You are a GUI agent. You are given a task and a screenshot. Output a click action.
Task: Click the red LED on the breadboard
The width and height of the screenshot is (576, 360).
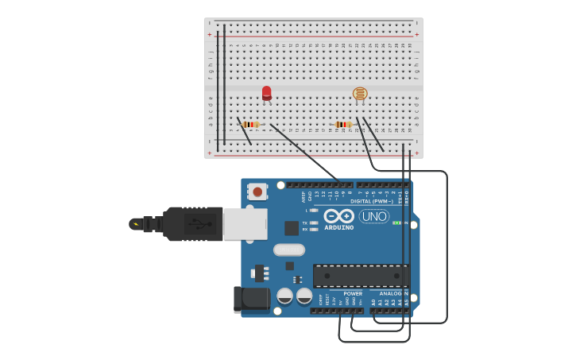(x=266, y=92)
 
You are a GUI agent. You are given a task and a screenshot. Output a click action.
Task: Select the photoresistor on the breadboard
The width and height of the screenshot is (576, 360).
(x=360, y=94)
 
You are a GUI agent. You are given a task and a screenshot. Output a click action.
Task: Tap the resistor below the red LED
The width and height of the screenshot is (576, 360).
(x=251, y=124)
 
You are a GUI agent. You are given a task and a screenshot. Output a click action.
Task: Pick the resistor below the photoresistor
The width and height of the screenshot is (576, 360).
(x=343, y=124)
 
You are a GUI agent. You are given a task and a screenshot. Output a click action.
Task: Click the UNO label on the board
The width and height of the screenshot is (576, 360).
(x=374, y=216)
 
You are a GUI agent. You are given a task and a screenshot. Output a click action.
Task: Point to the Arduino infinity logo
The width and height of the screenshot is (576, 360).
(x=339, y=216)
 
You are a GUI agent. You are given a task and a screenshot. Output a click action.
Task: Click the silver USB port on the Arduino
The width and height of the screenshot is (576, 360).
(x=245, y=224)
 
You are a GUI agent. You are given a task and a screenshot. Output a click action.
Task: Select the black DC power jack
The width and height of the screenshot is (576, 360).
(x=250, y=299)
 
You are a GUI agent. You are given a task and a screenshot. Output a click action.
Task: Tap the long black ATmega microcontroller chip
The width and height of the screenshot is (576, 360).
(x=361, y=276)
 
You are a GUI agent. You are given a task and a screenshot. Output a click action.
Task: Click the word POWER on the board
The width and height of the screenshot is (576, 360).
(x=353, y=293)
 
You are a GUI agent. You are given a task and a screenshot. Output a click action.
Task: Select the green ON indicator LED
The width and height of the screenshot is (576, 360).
(x=397, y=223)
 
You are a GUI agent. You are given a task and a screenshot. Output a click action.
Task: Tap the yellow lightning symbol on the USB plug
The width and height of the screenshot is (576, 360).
(x=136, y=224)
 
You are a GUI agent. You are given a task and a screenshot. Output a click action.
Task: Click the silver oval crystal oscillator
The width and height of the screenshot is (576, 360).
(x=289, y=250)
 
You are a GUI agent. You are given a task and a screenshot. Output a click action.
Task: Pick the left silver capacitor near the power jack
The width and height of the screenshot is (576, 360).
(x=285, y=296)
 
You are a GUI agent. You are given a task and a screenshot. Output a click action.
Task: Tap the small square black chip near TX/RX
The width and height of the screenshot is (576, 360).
(x=292, y=228)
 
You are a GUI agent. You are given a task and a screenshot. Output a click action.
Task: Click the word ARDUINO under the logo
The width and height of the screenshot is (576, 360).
(x=339, y=228)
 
